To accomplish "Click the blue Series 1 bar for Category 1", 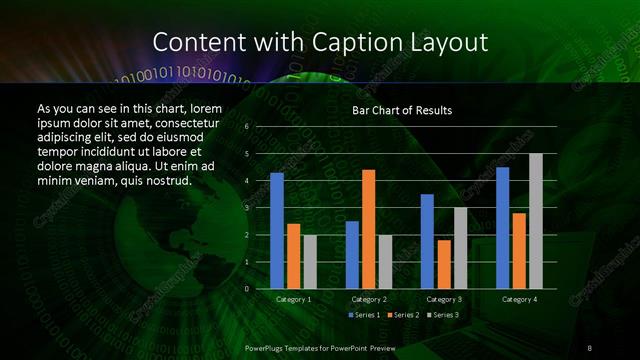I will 277,231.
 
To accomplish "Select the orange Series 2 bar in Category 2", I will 368,229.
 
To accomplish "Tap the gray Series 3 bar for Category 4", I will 535,221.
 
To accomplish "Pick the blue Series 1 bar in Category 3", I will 427,241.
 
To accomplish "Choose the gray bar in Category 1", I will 309,261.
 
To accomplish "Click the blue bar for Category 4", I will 502,228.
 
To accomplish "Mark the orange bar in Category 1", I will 293,256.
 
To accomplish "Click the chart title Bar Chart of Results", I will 402,110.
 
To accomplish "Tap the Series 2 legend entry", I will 403,315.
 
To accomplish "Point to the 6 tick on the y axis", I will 247,127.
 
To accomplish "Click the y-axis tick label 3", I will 247,208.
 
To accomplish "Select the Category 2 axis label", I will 368,299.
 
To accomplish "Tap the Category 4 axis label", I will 518,299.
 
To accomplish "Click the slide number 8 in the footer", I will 590,347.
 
